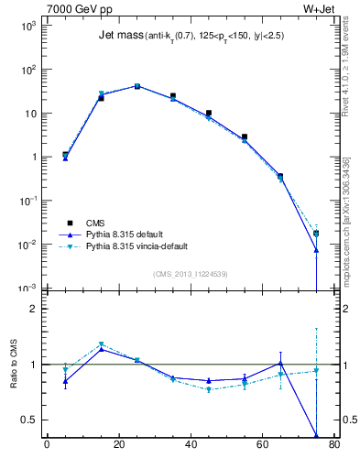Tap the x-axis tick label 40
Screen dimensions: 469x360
point(191,446)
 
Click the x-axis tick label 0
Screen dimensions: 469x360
point(47,446)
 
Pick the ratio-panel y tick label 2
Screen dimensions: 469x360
point(33,309)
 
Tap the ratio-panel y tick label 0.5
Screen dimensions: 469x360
point(28,420)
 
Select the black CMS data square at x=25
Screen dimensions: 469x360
point(136,86)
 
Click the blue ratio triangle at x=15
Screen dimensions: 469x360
point(101,349)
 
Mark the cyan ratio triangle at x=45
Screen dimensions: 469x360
point(209,389)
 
